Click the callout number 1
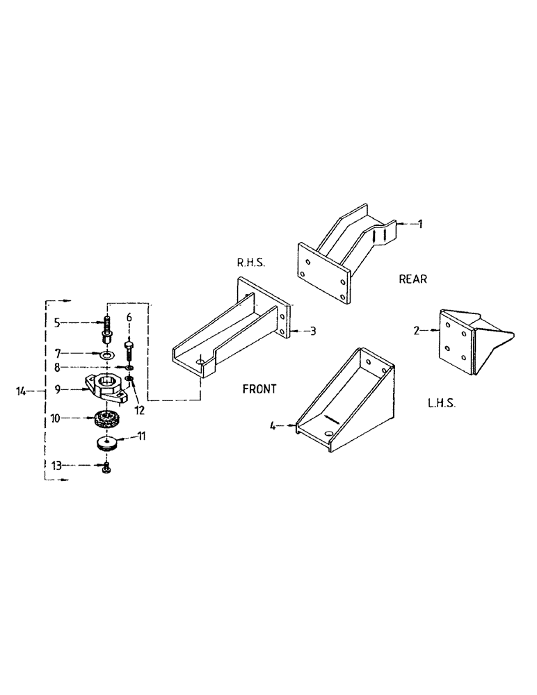pyautogui.click(x=419, y=224)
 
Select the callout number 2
pyautogui.click(x=416, y=332)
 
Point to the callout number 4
pyautogui.click(x=273, y=427)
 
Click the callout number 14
pyautogui.click(x=22, y=392)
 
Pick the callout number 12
pyautogui.click(x=139, y=411)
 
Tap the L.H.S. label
pyautogui.click(x=441, y=403)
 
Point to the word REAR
pyautogui.click(x=412, y=279)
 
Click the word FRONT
pyautogui.click(x=259, y=389)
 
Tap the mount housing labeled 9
pyautogui.click(x=106, y=387)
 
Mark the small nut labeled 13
pyautogui.click(x=106, y=471)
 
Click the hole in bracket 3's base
pyautogui.click(x=201, y=362)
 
